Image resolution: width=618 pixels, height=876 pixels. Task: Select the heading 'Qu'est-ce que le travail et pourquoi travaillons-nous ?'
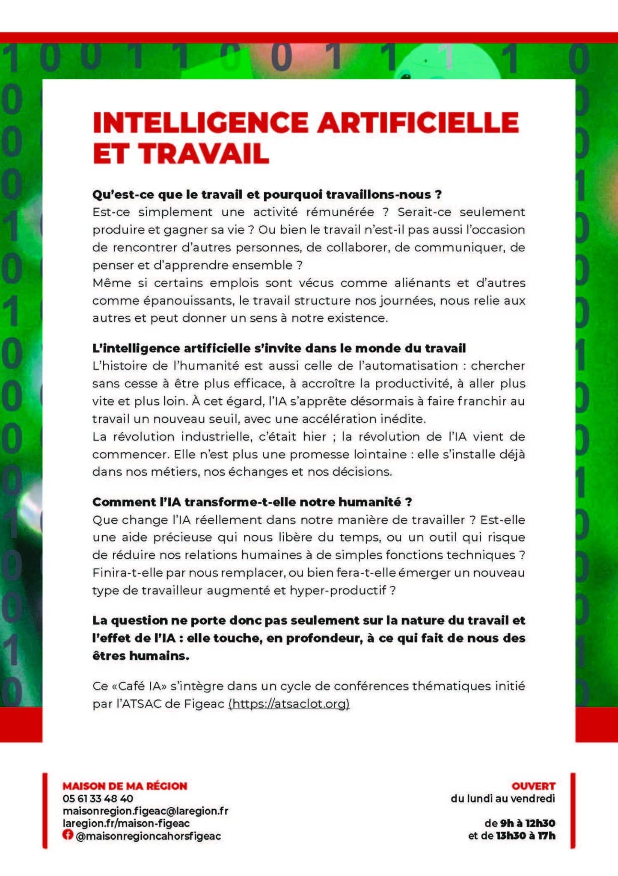(267, 195)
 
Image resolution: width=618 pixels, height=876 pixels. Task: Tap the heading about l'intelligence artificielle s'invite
(279, 348)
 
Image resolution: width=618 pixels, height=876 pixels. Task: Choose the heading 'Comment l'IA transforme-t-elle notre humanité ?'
(252, 502)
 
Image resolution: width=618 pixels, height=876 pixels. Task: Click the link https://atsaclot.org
(289, 704)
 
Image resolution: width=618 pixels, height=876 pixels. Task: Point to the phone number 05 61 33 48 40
(98, 798)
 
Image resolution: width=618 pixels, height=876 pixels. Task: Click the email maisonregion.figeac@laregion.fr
(145, 811)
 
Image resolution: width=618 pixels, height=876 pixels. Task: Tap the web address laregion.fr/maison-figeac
(126, 823)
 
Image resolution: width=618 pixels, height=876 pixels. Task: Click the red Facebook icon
(67, 835)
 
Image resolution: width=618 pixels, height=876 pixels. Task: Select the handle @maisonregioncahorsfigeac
(148, 836)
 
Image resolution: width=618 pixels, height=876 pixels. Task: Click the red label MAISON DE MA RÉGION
(125, 786)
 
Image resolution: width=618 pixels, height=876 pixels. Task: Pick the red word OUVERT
(533, 786)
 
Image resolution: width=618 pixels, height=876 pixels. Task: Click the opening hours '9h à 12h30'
(527, 823)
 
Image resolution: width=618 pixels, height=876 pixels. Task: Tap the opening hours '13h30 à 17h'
(525, 835)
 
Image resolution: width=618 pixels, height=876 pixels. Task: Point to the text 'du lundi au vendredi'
(502, 798)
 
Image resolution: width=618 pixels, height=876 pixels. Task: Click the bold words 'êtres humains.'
(141, 656)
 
